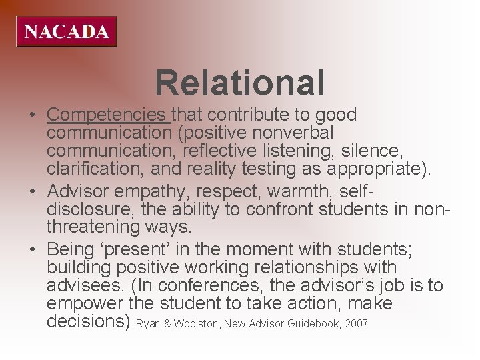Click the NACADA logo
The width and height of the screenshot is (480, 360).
click(67, 31)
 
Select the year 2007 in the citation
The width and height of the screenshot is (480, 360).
click(356, 324)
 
